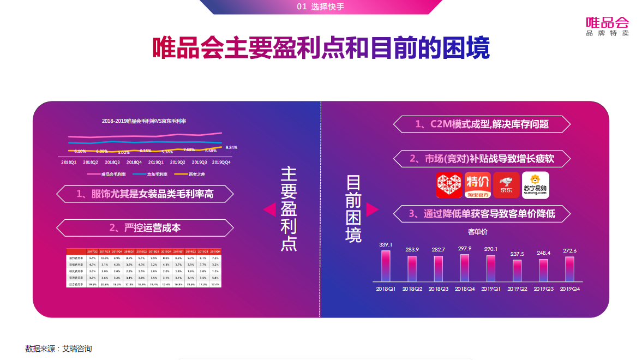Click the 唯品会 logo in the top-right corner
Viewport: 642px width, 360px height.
click(607, 26)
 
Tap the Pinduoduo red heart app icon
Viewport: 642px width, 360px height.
click(449, 185)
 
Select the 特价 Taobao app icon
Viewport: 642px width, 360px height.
click(478, 185)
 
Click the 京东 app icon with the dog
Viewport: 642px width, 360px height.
click(506, 185)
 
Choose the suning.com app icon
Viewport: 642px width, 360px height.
click(535, 185)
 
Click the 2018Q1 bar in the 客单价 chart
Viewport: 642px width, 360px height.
click(386, 266)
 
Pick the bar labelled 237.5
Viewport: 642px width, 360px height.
click(517, 271)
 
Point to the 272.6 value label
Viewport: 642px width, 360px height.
click(569, 251)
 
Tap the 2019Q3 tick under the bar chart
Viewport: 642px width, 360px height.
click(543, 289)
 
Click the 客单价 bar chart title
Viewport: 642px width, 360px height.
click(477, 232)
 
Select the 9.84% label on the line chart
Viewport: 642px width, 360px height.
click(231, 147)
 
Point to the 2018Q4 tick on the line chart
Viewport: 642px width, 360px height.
click(134, 162)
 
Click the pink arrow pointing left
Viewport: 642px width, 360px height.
click(269, 209)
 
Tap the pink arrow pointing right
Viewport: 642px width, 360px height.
click(372, 209)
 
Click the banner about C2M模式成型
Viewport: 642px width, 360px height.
click(482, 124)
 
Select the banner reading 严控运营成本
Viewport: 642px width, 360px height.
click(145, 228)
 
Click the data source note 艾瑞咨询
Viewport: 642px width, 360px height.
click(58, 349)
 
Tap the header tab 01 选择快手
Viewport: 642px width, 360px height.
click(321, 7)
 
